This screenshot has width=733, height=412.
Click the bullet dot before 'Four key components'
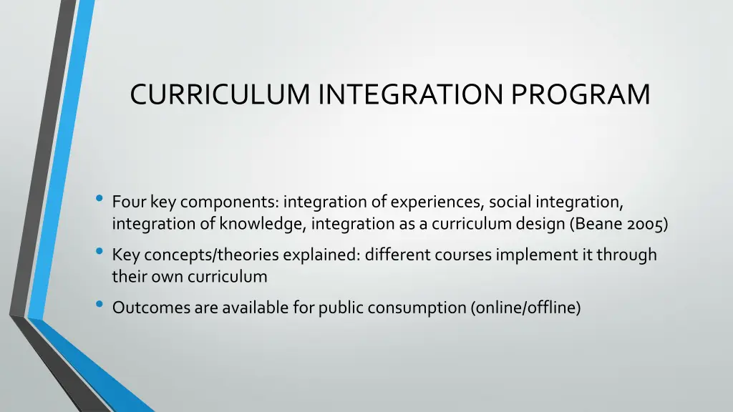pyautogui.click(x=99, y=200)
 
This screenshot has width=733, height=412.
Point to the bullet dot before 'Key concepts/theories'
pyautogui.click(x=99, y=252)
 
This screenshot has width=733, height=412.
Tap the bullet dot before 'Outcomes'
pyautogui.click(x=99, y=305)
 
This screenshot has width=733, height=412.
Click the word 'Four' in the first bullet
pyautogui.click(x=130, y=203)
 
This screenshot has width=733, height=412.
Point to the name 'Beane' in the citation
pyautogui.click(x=595, y=224)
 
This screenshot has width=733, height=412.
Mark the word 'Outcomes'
pyautogui.click(x=151, y=308)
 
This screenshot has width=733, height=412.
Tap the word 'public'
pyautogui.click(x=340, y=308)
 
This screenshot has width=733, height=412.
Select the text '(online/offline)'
pyautogui.click(x=525, y=308)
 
